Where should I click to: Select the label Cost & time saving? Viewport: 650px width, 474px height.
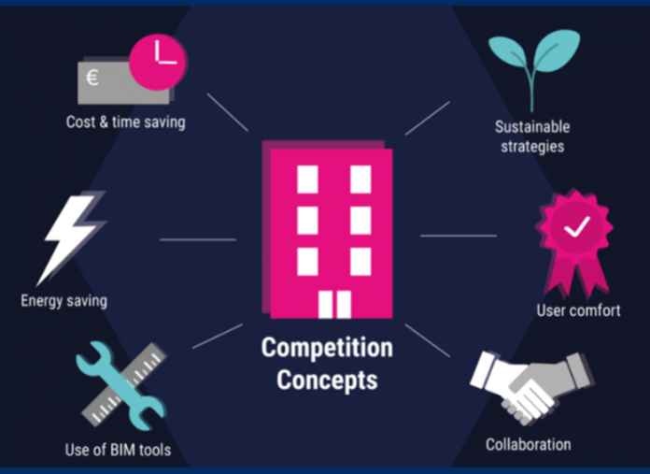[x=125, y=122]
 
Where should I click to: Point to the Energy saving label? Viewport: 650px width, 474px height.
[x=64, y=301]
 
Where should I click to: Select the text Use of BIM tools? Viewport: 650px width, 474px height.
[x=118, y=451]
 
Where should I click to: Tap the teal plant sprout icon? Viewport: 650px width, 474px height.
[x=533, y=65]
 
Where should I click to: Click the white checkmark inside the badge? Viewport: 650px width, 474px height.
[x=577, y=225]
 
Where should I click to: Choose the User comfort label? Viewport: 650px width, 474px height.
[x=578, y=310]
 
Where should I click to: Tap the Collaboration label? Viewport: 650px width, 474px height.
[x=528, y=444]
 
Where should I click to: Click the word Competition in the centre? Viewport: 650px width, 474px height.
[x=327, y=349]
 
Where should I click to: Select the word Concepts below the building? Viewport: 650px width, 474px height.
[x=327, y=381]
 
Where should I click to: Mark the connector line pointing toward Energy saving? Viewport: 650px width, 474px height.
[x=197, y=240]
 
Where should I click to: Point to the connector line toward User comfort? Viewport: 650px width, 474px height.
[x=458, y=236]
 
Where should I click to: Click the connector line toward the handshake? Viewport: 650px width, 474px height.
[x=429, y=341]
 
